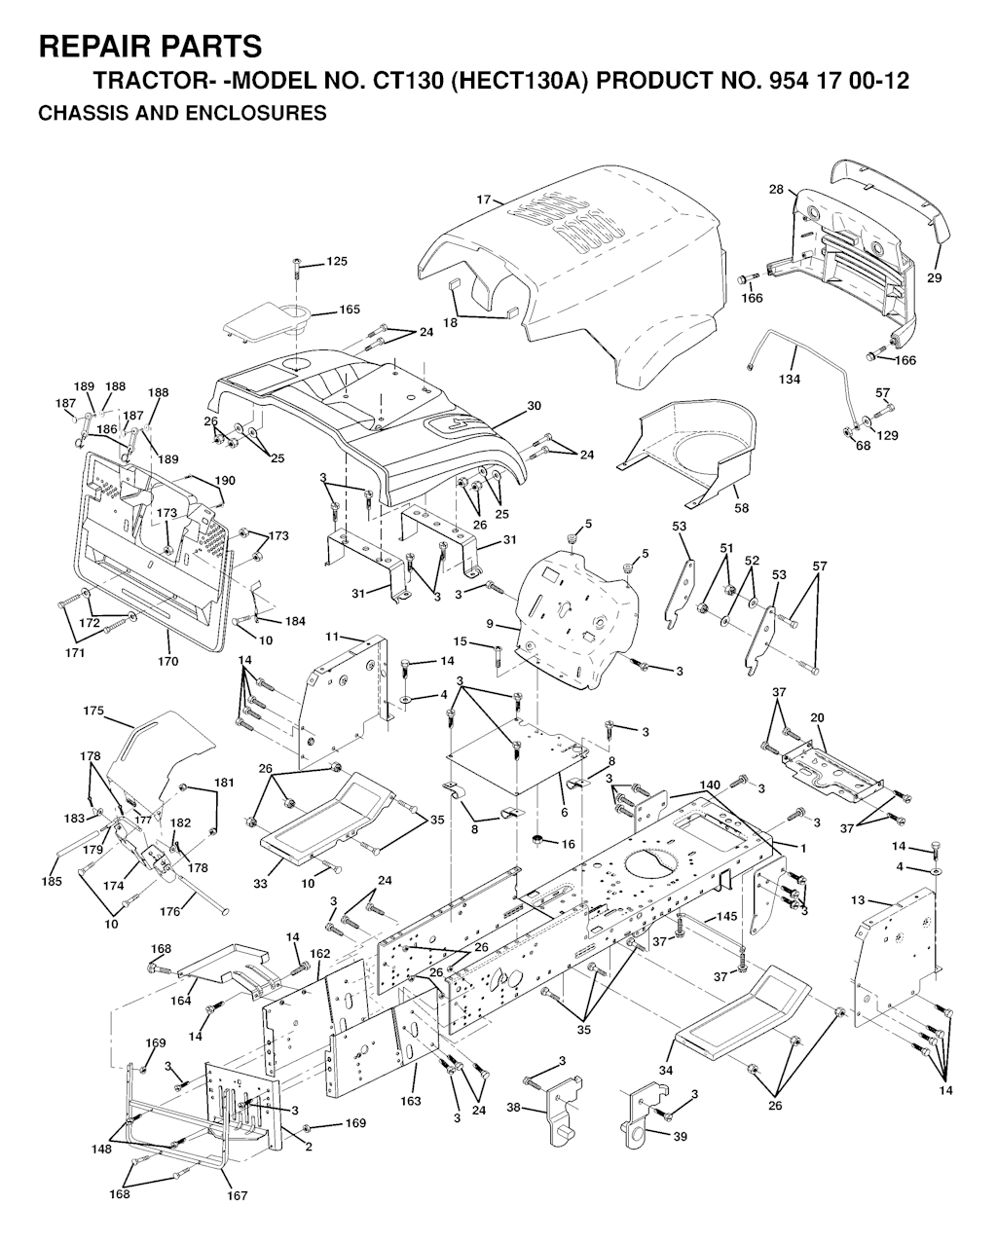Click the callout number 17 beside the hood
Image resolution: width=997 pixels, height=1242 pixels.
(x=483, y=200)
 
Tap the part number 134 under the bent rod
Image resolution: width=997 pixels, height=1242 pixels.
(x=790, y=379)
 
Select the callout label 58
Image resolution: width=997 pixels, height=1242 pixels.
(x=742, y=507)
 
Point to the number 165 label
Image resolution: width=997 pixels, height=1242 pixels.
(x=350, y=310)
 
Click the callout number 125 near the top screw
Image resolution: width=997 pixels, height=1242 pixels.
(x=336, y=262)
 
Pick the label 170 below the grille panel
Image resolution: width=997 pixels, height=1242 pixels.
(x=167, y=662)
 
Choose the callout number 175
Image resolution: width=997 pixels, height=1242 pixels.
(x=92, y=712)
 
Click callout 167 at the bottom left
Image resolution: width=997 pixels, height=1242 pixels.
(x=238, y=1195)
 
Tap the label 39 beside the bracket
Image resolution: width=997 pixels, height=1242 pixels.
(x=680, y=1136)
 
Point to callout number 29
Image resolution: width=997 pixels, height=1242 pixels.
(x=934, y=277)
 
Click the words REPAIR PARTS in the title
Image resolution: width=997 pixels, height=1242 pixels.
(x=149, y=46)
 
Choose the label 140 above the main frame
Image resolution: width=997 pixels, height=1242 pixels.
(x=710, y=785)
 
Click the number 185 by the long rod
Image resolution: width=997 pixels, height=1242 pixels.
(x=51, y=882)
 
